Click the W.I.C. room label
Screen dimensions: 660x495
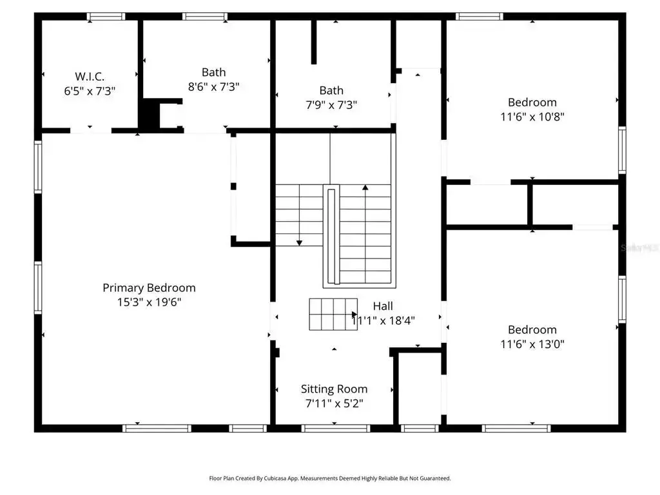click(90, 77)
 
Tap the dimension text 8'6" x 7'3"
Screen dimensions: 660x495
click(214, 87)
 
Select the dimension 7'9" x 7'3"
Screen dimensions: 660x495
click(331, 105)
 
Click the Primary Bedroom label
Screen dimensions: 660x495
click(149, 288)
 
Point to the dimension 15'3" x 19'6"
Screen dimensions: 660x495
click(149, 302)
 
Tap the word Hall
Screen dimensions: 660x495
click(383, 306)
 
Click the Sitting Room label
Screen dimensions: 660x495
click(335, 389)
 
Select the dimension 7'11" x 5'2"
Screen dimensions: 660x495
click(335, 403)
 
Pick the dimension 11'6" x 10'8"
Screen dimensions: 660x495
click(532, 117)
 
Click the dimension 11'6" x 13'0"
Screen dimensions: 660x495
click(532, 344)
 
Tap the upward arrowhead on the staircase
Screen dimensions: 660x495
click(365, 188)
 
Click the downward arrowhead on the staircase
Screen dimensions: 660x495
click(299, 243)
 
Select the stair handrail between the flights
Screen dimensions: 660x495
click(331, 236)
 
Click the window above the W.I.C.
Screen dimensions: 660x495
click(106, 17)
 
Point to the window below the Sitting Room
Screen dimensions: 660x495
click(335, 429)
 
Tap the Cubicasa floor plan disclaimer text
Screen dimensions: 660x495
click(330, 479)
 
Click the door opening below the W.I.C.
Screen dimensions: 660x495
click(90, 131)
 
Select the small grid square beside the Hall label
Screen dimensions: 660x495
click(333, 315)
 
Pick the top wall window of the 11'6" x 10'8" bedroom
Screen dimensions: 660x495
click(480, 17)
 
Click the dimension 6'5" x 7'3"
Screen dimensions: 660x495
click(90, 91)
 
